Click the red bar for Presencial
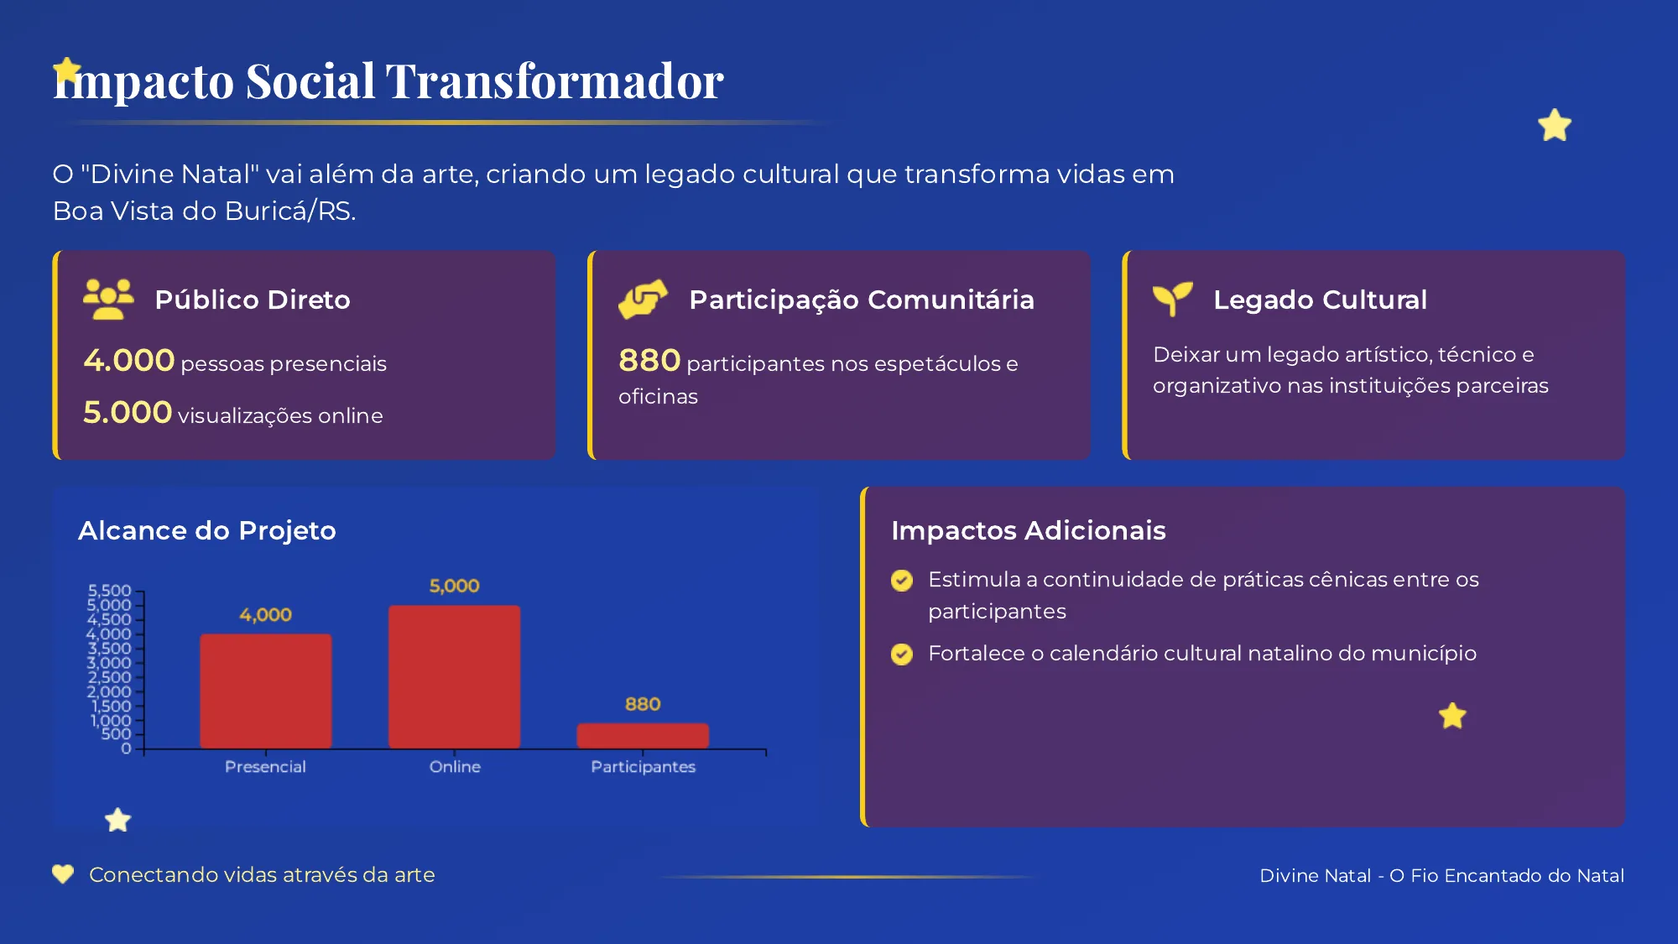click(265, 691)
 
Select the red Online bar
click(454, 676)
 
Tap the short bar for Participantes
click(643, 735)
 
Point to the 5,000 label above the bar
click(454, 586)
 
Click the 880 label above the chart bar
click(643, 704)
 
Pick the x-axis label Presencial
click(265, 766)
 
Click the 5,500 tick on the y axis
click(109, 591)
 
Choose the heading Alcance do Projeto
click(206, 530)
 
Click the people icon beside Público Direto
click(108, 299)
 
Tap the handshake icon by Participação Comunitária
click(643, 299)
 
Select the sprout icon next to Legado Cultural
click(1172, 299)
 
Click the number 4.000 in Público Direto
click(128, 361)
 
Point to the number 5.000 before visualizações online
click(128, 413)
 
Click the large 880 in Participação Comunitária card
click(649, 361)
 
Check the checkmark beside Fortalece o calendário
click(902, 654)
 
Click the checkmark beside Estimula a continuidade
click(902, 580)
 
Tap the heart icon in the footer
click(63, 874)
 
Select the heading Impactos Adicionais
click(1028, 530)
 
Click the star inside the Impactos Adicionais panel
click(1452, 716)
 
